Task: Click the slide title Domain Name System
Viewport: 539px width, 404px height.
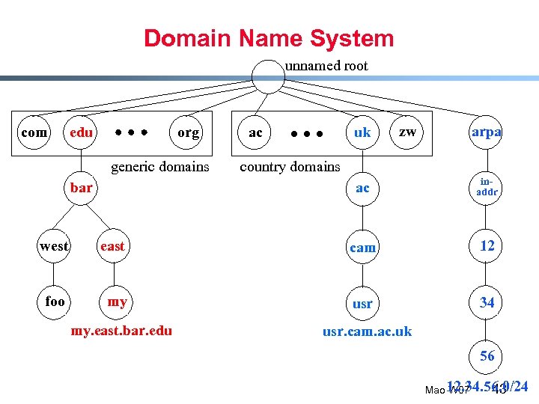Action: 269,38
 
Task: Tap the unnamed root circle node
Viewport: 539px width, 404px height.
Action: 268,75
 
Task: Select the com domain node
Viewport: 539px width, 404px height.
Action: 33,132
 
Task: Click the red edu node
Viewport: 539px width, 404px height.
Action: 81,132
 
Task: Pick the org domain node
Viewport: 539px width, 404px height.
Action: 188,132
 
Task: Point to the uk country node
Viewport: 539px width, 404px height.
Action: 362,132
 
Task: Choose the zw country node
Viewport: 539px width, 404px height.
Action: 407,132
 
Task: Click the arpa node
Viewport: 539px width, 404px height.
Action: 487,132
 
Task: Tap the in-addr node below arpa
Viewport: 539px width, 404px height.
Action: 487,187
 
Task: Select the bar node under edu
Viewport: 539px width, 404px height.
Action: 81,187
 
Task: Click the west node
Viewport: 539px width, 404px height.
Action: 54,245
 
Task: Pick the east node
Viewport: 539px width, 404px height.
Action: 112,245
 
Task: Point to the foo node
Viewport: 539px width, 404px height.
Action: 55,302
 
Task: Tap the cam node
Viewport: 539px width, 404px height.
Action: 362,247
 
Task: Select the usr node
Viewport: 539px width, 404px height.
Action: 362,304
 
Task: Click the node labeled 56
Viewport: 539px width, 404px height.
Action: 487,356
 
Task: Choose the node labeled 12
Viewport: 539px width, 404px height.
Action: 487,246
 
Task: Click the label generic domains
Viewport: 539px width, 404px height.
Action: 160,166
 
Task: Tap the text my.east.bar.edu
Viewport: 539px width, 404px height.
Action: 121,330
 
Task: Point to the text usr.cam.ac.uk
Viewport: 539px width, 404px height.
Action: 367,331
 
